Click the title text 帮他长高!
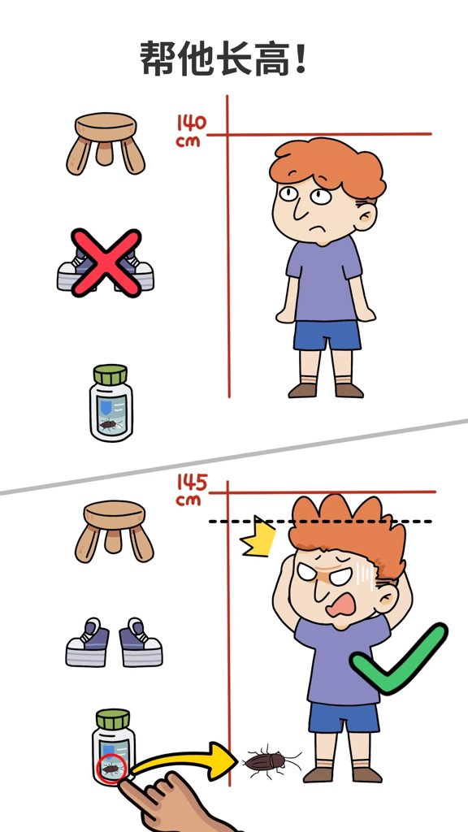(223, 58)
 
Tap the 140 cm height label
(191, 131)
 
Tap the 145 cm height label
(191, 490)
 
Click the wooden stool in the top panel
(106, 143)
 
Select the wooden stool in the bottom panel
(114, 531)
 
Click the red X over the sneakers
(106, 262)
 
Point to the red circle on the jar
(112, 768)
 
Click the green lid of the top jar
(110, 375)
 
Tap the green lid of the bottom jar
(112, 720)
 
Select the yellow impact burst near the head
(258, 536)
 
